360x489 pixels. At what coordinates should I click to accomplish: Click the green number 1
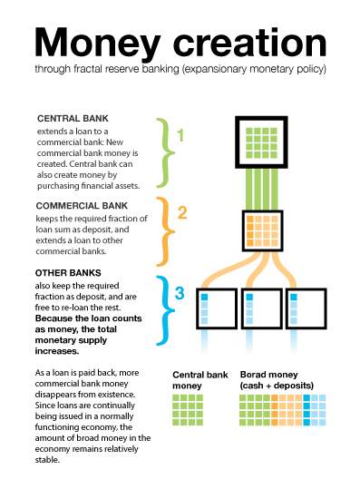180,136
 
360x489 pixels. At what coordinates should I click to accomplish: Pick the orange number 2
181,214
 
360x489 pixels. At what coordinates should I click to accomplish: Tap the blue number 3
180,293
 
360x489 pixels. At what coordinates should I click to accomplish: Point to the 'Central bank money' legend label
195,380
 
